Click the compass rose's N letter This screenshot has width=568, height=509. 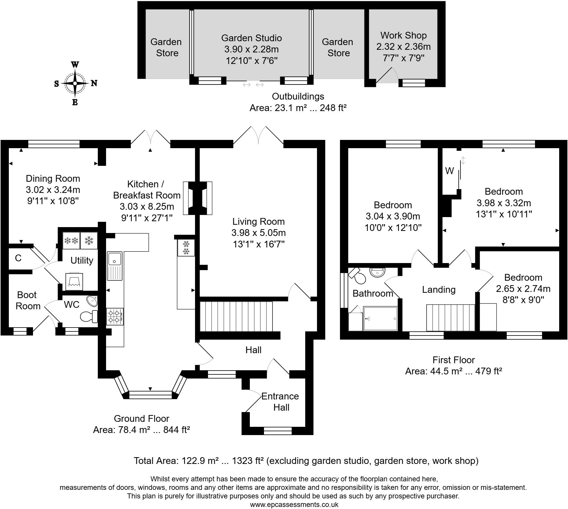point(94,83)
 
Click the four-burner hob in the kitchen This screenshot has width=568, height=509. point(115,316)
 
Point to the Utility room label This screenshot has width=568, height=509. point(82,260)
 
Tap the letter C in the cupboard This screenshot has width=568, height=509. point(18,258)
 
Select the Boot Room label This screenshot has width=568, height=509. point(28,300)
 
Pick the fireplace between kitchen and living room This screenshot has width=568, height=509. point(198,198)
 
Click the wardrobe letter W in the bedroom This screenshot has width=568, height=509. point(450,171)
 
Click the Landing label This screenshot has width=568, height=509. point(439,290)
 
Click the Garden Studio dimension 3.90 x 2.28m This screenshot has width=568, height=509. point(251,49)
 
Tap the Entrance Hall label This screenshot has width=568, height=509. point(280,402)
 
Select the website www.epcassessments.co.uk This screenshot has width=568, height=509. point(294,504)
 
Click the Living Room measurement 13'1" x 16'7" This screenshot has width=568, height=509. point(258,244)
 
